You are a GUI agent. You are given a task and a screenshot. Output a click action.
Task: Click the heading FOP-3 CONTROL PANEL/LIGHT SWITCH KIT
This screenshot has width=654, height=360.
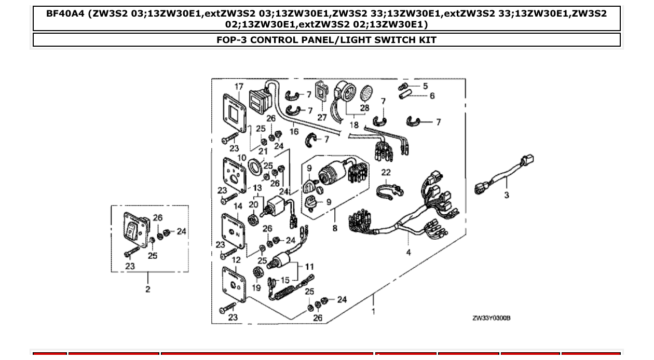326,40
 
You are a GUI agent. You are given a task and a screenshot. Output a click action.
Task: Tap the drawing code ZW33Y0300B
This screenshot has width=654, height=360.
491,317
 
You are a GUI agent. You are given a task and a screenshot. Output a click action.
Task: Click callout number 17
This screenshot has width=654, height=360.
239,87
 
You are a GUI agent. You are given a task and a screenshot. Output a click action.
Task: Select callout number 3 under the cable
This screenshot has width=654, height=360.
507,195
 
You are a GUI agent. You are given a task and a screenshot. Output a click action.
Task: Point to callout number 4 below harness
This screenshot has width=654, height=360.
408,253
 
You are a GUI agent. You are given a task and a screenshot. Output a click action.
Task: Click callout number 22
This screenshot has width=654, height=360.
386,172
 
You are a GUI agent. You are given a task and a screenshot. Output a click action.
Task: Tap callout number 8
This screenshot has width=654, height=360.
335,228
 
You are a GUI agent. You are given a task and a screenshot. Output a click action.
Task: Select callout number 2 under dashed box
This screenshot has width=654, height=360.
148,289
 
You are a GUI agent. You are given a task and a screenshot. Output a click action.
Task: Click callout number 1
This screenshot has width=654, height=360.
373,311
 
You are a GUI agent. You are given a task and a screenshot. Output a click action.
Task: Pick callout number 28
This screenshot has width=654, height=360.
365,108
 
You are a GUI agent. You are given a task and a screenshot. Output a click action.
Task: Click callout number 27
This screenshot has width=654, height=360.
322,117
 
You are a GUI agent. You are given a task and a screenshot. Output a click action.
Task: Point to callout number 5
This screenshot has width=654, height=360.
425,86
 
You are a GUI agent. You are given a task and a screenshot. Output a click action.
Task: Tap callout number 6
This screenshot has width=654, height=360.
432,96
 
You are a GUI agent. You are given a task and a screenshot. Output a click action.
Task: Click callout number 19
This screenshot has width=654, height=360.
256,288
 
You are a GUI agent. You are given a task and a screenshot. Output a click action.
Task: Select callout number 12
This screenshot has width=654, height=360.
236,260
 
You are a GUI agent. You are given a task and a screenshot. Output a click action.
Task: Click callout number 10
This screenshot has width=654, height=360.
242,158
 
